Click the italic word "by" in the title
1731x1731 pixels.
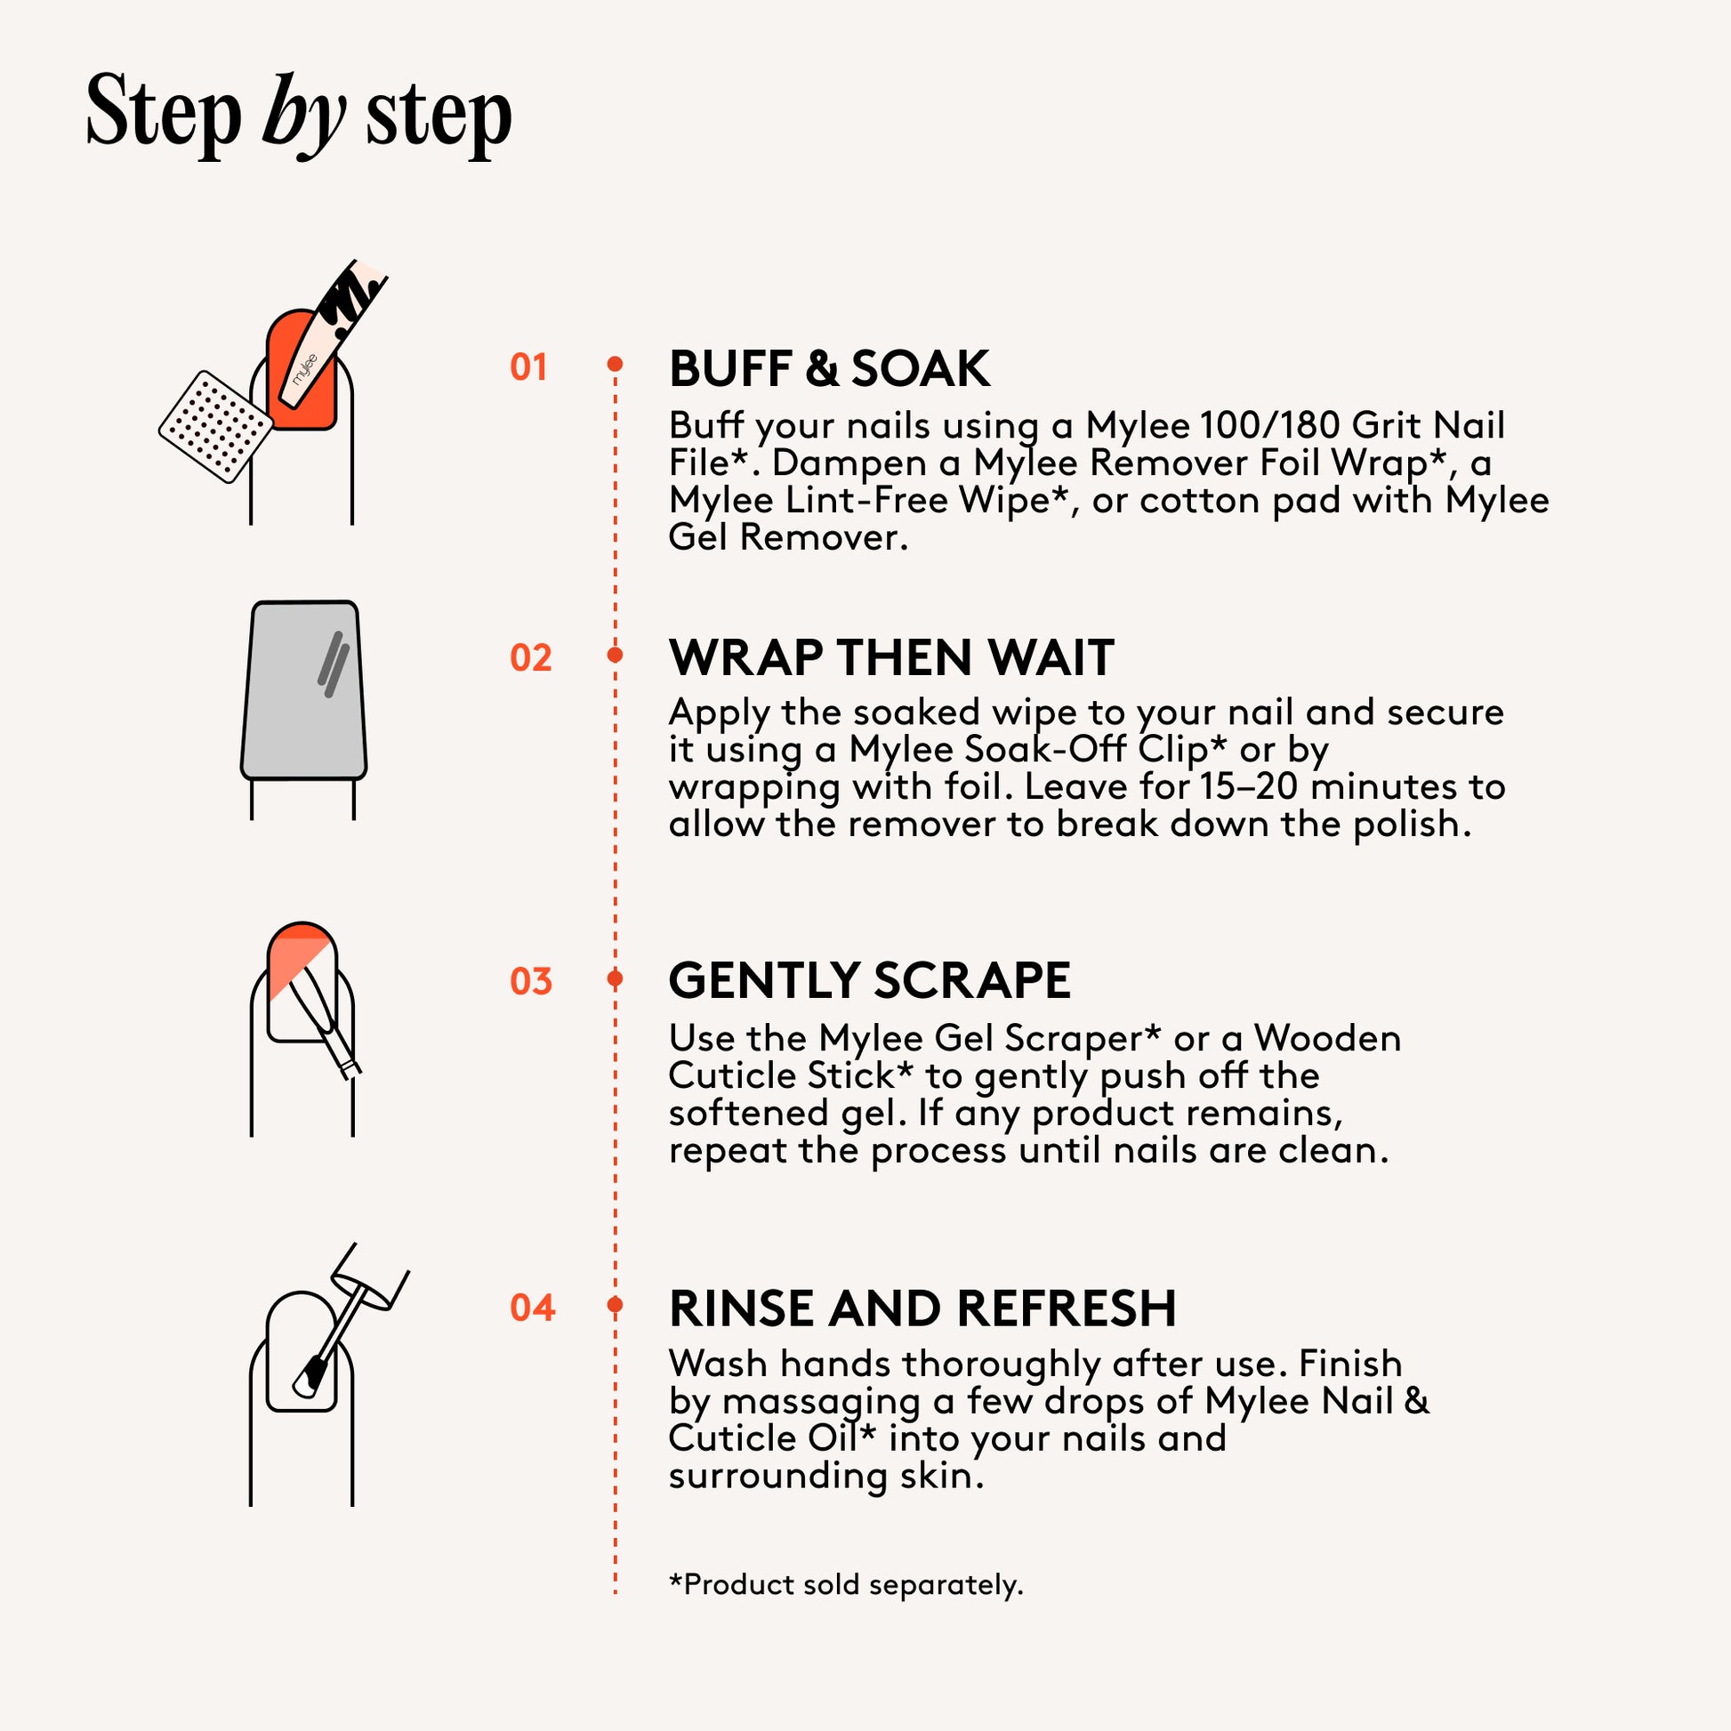[x=303, y=117]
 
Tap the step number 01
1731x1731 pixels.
[x=528, y=367]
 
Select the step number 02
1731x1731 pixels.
[x=530, y=658]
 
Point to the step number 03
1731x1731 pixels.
[x=530, y=981]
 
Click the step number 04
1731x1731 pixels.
[x=532, y=1308]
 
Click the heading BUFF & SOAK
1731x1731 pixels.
[x=830, y=369]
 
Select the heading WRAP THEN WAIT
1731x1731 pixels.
[x=891, y=657]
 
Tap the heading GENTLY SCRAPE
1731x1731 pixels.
[x=869, y=980]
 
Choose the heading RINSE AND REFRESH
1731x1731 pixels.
[x=922, y=1308]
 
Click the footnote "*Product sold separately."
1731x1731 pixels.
[x=846, y=1583]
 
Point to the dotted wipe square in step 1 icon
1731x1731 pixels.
[x=216, y=426]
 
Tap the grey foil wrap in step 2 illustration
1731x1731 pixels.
[x=303, y=690]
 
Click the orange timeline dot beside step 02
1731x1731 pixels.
[x=615, y=655]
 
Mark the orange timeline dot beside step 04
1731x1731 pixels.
[x=615, y=1305]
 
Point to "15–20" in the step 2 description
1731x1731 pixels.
[x=1249, y=786]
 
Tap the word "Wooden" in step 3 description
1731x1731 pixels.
[x=1327, y=1038]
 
